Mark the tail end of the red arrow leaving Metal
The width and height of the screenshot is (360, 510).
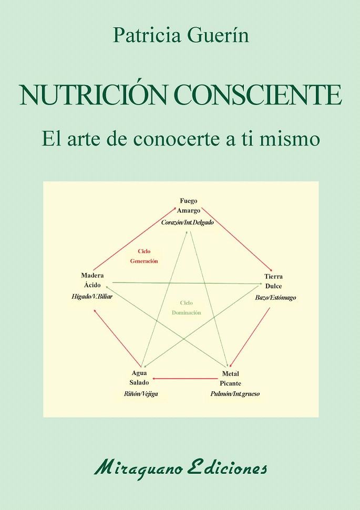(217, 378)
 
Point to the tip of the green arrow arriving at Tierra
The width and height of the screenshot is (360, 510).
(262, 284)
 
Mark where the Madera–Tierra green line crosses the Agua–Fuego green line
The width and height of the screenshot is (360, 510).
(170, 283)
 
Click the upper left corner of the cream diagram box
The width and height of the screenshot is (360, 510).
(43, 182)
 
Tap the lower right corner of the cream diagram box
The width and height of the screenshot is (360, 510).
(318, 417)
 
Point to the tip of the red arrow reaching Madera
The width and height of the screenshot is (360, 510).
(94, 309)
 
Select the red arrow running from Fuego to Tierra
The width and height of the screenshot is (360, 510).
(237, 239)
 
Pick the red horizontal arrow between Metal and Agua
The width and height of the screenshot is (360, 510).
(185, 378)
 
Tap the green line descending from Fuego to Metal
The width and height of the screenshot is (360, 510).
(209, 298)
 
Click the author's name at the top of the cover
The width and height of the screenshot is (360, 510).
(181, 35)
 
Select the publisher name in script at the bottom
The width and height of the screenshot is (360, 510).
(181, 468)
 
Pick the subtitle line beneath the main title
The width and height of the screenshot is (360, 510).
(181, 139)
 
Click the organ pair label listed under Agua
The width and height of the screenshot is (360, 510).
(141, 393)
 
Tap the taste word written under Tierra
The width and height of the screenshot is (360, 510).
(273, 286)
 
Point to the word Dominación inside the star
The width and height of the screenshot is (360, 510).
(187, 313)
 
